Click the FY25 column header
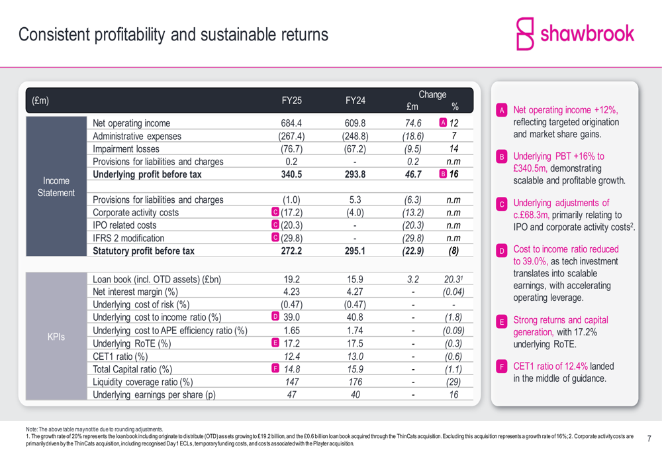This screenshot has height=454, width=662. [291, 101]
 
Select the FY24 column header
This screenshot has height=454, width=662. [355, 101]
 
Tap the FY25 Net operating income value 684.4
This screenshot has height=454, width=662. [291, 123]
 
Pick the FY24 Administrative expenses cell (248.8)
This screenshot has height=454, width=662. [355, 136]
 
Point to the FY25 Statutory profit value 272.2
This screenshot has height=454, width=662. [291, 251]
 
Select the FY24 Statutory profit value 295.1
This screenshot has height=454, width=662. [355, 251]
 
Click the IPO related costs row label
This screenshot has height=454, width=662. [124, 225]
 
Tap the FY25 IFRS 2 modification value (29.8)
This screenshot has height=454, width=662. [292, 238]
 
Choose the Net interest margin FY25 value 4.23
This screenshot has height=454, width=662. [291, 292]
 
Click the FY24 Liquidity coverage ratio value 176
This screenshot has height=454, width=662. [355, 382]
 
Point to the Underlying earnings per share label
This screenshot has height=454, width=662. [154, 395]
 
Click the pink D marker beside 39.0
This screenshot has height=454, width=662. [275, 317]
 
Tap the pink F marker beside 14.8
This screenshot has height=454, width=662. [275, 369]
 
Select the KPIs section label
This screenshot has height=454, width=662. [56, 337]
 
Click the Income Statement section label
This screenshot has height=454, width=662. [56, 186]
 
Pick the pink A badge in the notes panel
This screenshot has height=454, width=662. [502, 111]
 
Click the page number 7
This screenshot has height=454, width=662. [649, 439]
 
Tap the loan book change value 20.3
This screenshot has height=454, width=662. [453, 279]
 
